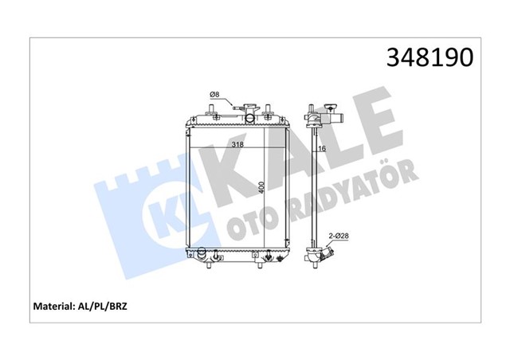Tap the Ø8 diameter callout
pyautogui.click(x=214, y=96)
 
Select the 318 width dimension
pyautogui.click(x=237, y=145)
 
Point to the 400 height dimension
pyautogui.click(x=261, y=189)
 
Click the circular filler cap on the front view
pyautogui.click(x=250, y=119)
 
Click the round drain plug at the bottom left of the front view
pyautogui.click(x=202, y=255)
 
